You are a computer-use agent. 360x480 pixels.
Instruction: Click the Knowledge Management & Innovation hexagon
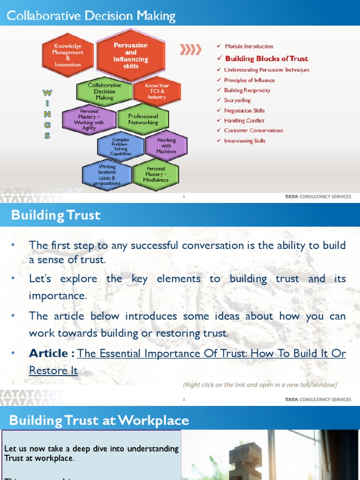(x=67, y=55)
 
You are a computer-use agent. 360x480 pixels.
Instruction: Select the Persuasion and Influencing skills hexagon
(x=130, y=56)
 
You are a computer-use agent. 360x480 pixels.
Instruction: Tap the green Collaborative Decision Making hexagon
(x=105, y=91)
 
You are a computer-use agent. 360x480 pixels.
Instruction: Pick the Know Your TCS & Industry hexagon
(x=157, y=91)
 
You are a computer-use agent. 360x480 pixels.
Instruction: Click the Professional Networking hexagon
(x=143, y=120)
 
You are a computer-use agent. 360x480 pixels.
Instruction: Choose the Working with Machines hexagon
(x=166, y=146)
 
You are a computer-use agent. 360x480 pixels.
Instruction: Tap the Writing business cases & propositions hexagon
(x=107, y=174)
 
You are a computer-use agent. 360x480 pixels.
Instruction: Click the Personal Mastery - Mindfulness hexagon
(x=156, y=174)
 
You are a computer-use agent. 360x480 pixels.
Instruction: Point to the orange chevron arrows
(x=191, y=49)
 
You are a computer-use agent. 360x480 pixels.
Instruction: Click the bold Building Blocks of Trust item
(x=266, y=59)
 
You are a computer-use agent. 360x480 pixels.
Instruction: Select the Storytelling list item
(x=237, y=100)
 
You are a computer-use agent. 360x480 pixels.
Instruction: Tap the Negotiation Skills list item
(x=244, y=111)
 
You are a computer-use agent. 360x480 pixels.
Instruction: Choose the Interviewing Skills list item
(x=245, y=141)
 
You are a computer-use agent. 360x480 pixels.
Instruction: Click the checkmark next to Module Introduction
(x=218, y=46)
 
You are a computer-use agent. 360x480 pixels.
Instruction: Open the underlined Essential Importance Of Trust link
(x=211, y=353)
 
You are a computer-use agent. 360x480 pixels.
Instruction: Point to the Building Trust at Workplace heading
(x=99, y=420)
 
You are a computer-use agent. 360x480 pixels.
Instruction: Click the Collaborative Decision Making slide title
(x=91, y=16)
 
